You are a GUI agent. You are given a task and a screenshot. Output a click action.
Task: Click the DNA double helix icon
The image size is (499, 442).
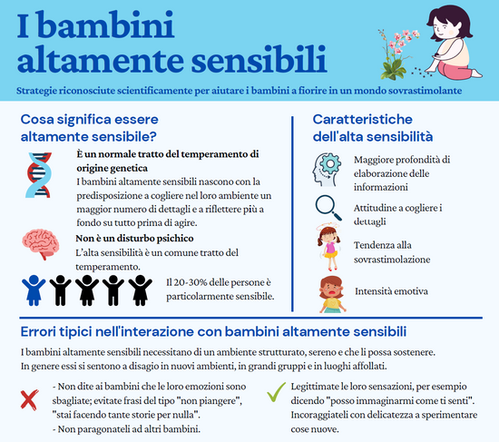[38, 175]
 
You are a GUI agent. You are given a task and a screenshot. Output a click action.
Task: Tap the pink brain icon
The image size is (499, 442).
[41, 244]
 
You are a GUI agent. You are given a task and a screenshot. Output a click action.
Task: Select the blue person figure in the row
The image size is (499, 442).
[34, 290]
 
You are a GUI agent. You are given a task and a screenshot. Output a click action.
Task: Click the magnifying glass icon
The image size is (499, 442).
[328, 208]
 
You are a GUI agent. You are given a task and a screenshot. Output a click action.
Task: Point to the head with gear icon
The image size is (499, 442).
[327, 170]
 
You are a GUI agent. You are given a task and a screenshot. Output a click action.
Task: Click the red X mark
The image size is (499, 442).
[29, 399]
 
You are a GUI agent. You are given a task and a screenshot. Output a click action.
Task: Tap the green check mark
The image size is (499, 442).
[276, 392]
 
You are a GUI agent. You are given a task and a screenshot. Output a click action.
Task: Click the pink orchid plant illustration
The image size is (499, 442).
[397, 54]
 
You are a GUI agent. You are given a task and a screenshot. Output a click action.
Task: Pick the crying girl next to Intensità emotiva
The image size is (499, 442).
[332, 295]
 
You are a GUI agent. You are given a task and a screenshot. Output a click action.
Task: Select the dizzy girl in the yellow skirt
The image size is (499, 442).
[329, 247]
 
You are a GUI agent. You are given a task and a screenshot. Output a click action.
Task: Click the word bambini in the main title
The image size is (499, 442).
[106, 25]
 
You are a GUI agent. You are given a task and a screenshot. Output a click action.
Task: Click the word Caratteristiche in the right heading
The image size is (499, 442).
[363, 120]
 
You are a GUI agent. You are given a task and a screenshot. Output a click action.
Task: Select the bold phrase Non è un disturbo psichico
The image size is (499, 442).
[134, 238]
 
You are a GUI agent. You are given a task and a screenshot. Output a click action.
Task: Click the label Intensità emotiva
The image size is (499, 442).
[391, 291]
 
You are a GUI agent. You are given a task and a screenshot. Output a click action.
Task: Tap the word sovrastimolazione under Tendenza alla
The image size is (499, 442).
[392, 260]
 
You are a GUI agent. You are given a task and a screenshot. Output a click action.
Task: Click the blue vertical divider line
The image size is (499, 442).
[292, 214]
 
